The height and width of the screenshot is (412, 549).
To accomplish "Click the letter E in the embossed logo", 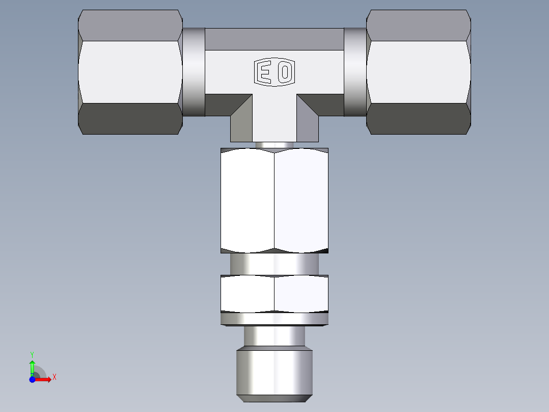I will click(x=264, y=72).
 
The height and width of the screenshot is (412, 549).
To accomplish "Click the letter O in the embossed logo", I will click(x=285, y=72).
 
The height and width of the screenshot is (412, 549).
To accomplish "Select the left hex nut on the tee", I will click(x=130, y=71).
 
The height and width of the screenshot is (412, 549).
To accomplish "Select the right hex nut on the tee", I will click(x=419, y=71).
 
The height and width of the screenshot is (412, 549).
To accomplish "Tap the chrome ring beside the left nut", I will click(x=194, y=71).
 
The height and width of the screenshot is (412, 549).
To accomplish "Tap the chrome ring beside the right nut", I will click(x=355, y=71).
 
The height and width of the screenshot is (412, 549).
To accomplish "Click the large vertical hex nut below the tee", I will click(x=274, y=200).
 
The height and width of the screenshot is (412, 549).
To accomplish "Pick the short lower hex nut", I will click(x=274, y=293).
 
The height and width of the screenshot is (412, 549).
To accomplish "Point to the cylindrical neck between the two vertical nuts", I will click(x=274, y=264).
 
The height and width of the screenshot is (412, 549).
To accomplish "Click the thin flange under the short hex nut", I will click(x=274, y=319).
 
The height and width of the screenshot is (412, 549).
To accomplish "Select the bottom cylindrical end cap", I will click(x=274, y=372).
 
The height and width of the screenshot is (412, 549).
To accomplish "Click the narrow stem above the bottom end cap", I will click(x=274, y=337).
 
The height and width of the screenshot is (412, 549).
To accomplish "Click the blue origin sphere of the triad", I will click(x=32, y=379).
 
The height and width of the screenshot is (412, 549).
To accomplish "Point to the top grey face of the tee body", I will click(x=274, y=39).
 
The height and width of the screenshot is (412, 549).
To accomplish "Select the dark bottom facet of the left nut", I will click(x=130, y=119).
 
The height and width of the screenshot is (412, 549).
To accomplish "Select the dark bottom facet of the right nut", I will click(x=419, y=119).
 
